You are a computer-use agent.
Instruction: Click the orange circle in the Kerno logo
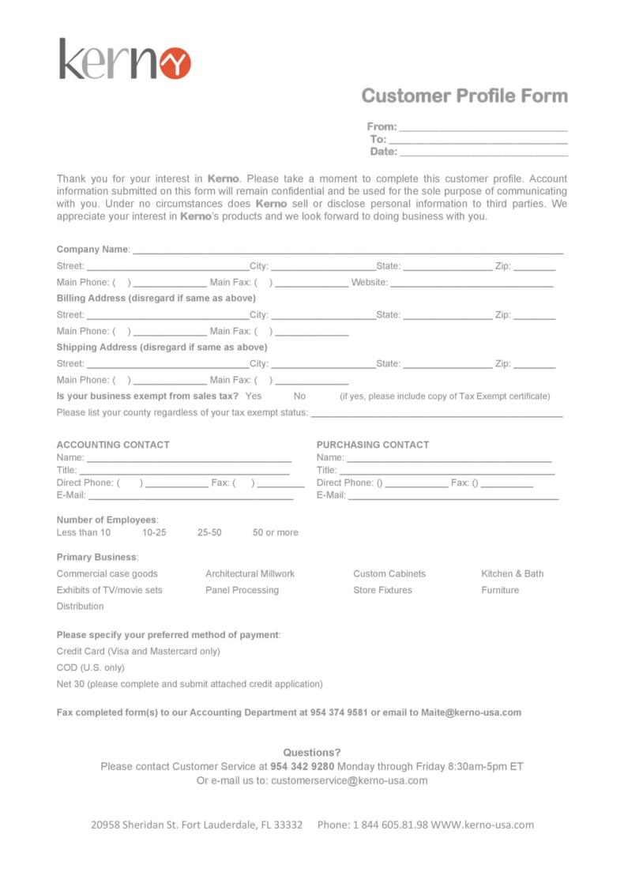pyautogui.click(x=175, y=62)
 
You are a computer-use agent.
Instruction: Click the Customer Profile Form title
pyautogui.click(x=464, y=96)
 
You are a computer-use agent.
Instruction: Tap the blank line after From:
pyautogui.click(x=483, y=127)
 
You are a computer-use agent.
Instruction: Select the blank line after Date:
pyautogui.click(x=483, y=152)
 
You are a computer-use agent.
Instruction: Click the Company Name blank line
pyautogui.click(x=348, y=250)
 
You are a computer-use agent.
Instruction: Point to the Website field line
pyautogui.click(x=472, y=283)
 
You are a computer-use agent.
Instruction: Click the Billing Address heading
pyautogui.click(x=156, y=299)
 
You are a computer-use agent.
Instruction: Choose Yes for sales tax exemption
pyautogui.click(x=254, y=396)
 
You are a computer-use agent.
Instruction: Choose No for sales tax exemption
pyautogui.click(x=299, y=396)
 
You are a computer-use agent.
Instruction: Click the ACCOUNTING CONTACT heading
pyautogui.click(x=113, y=445)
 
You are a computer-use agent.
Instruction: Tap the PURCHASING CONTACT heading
pyautogui.click(x=373, y=445)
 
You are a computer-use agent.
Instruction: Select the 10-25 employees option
pyautogui.click(x=154, y=533)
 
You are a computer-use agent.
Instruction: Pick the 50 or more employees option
pyautogui.click(x=276, y=533)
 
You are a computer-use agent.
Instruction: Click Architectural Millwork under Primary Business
pyautogui.click(x=250, y=574)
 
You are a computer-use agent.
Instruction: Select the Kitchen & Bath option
pyautogui.click(x=513, y=574)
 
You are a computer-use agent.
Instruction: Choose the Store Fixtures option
pyautogui.click(x=382, y=591)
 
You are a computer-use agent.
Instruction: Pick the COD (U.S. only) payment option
pyautogui.click(x=91, y=668)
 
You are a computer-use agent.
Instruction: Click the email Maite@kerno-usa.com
pyautogui.click(x=471, y=712)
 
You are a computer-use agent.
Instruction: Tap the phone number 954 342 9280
pyautogui.click(x=303, y=766)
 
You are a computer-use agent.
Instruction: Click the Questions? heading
pyautogui.click(x=312, y=753)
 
